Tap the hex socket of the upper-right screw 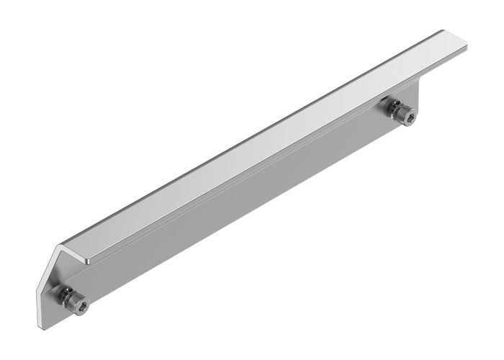pos(408,114)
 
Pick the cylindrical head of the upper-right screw pos(404,113)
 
